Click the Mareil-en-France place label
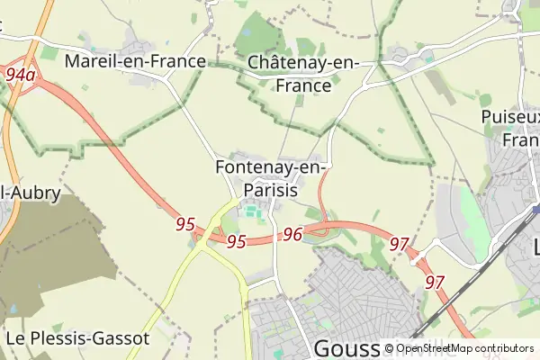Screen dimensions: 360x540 (135, 62)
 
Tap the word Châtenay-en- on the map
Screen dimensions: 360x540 (303, 63)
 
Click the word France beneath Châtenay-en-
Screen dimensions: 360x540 (303, 85)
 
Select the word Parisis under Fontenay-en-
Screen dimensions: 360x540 (270, 190)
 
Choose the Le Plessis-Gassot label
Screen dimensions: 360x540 (77, 338)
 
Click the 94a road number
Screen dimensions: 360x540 (19, 75)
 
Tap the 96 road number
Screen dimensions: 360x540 (292, 234)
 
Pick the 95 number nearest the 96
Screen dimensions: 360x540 (237, 241)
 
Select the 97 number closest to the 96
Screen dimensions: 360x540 (400, 243)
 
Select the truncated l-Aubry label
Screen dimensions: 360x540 (31, 193)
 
